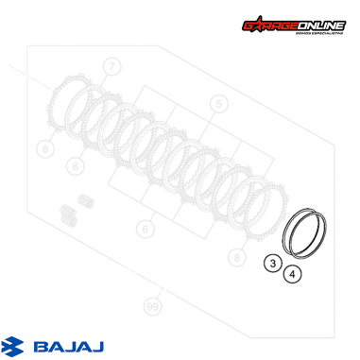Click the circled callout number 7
(112, 66)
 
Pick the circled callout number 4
(293, 275)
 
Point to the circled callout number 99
(150, 307)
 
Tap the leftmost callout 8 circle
(43, 148)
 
